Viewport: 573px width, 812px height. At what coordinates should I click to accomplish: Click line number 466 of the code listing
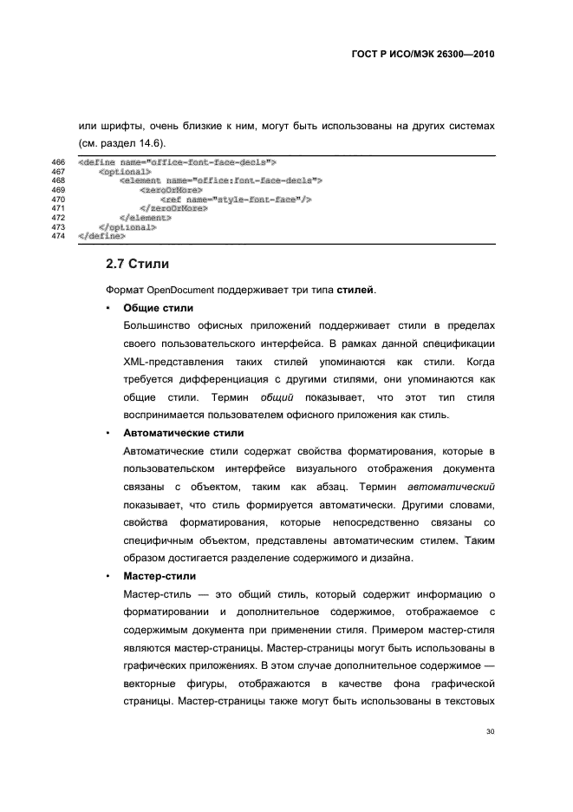[x=59, y=162]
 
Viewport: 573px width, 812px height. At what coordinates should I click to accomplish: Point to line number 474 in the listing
[x=59, y=235]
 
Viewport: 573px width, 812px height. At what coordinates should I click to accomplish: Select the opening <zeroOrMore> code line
[x=170, y=189]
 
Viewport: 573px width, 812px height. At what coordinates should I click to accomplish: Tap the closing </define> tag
[x=101, y=235]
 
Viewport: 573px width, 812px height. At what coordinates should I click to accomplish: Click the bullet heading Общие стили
[x=158, y=308]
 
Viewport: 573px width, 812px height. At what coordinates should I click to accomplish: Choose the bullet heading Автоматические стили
[x=183, y=432]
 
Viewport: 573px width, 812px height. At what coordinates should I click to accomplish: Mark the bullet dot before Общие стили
[x=106, y=308]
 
